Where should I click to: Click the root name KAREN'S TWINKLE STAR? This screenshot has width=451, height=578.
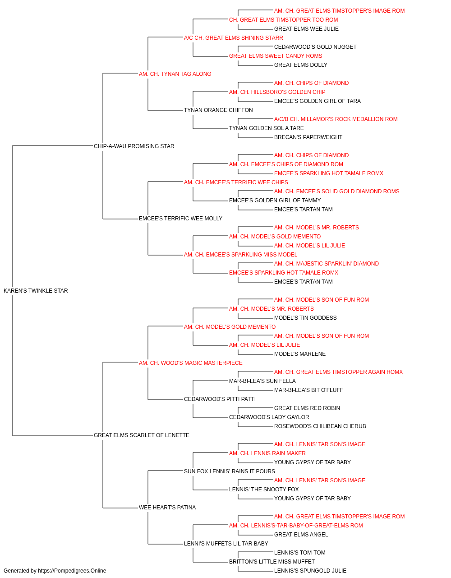tap(36, 291)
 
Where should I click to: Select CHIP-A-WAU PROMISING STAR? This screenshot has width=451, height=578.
tap(134, 146)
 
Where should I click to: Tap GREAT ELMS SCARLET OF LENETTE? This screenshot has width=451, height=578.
tap(141, 435)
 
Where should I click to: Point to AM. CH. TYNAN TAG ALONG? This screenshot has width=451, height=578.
tap(175, 74)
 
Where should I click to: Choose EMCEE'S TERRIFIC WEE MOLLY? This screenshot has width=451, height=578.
tap(180, 219)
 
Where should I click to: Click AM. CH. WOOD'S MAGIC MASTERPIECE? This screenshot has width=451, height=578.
tap(190, 363)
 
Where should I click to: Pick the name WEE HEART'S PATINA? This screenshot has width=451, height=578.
tap(167, 507)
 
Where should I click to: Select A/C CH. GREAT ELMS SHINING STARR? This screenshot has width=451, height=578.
tap(234, 38)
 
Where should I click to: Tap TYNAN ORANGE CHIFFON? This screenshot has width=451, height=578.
tap(218, 110)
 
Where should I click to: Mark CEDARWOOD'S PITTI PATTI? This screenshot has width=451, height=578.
tap(220, 399)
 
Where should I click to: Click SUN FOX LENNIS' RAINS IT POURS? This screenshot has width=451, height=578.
tap(230, 471)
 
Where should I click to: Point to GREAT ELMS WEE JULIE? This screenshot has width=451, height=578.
tap(306, 29)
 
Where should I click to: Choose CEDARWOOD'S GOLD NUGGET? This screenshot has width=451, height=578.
tap(315, 47)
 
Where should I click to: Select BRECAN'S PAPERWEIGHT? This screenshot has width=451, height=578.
tap(308, 137)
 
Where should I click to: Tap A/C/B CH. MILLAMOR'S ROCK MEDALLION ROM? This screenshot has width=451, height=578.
tap(336, 119)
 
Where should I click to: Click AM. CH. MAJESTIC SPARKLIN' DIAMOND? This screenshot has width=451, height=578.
tap(327, 264)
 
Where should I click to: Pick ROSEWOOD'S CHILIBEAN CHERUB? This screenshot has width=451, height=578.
tap(320, 426)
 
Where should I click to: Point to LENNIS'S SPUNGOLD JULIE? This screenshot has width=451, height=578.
tap(310, 571)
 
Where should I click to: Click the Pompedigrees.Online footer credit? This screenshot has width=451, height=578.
tap(55, 571)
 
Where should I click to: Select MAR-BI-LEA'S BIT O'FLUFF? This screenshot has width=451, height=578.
tap(308, 390)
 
